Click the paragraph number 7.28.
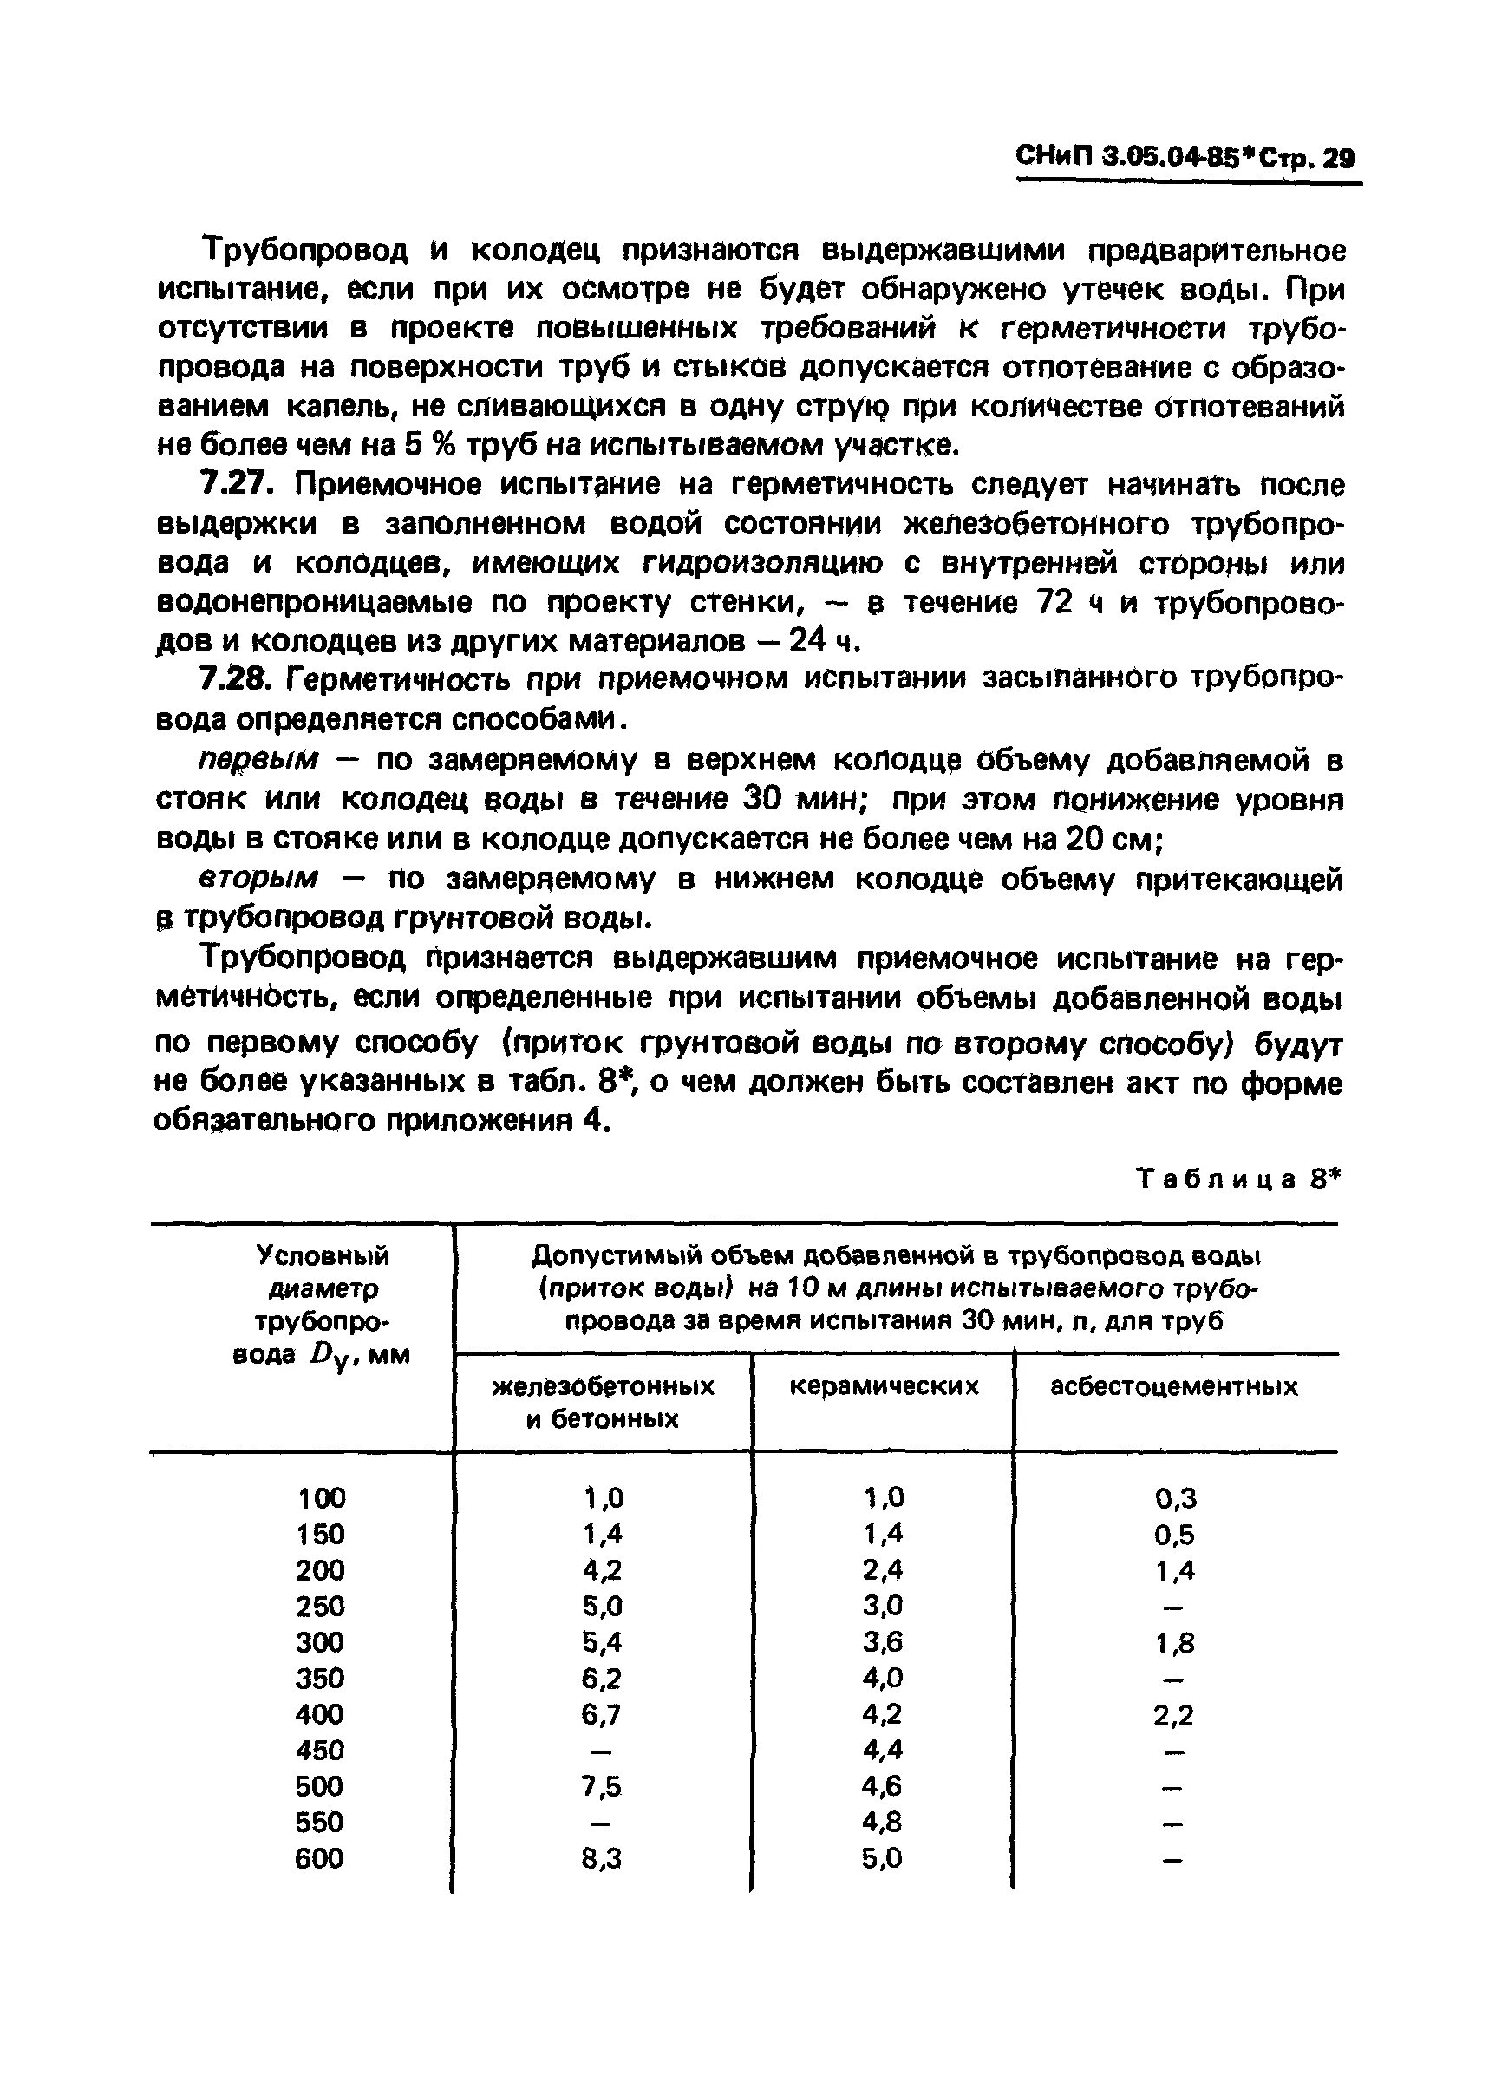click(x=233, y=678)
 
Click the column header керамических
click(x=884, y=1387)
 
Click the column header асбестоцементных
click(x=1174, y=1387)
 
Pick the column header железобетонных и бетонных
click(x=603, y=1403)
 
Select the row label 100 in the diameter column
click(x=321, y=1499)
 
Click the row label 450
click(x=319, y=1751)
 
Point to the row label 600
click(x=319, y=1859)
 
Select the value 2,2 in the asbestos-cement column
click(x=1174, y=1716)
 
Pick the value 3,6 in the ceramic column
click(x=883, y=1643)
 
